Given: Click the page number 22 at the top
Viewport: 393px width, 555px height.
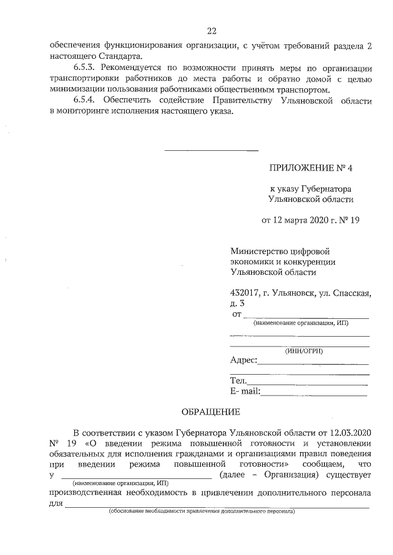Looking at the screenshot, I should pyautogui.click(x=211, y=31).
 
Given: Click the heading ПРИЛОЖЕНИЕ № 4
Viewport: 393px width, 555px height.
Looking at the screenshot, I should pyautogui.click(x=312, y=167).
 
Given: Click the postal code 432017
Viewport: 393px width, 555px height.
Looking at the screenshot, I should pyautogui.click(x=244, y=293).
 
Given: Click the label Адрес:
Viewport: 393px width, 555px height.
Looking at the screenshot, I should pyautogui.click(x=244, y=361).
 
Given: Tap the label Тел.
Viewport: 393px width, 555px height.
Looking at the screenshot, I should pyautogui.click(x=238, y=381).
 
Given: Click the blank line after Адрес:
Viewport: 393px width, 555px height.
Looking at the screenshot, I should pyautogui.click(x=313, y=364).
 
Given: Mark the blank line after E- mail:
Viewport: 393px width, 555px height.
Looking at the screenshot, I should pyautogui.click(x=314, y=395).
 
